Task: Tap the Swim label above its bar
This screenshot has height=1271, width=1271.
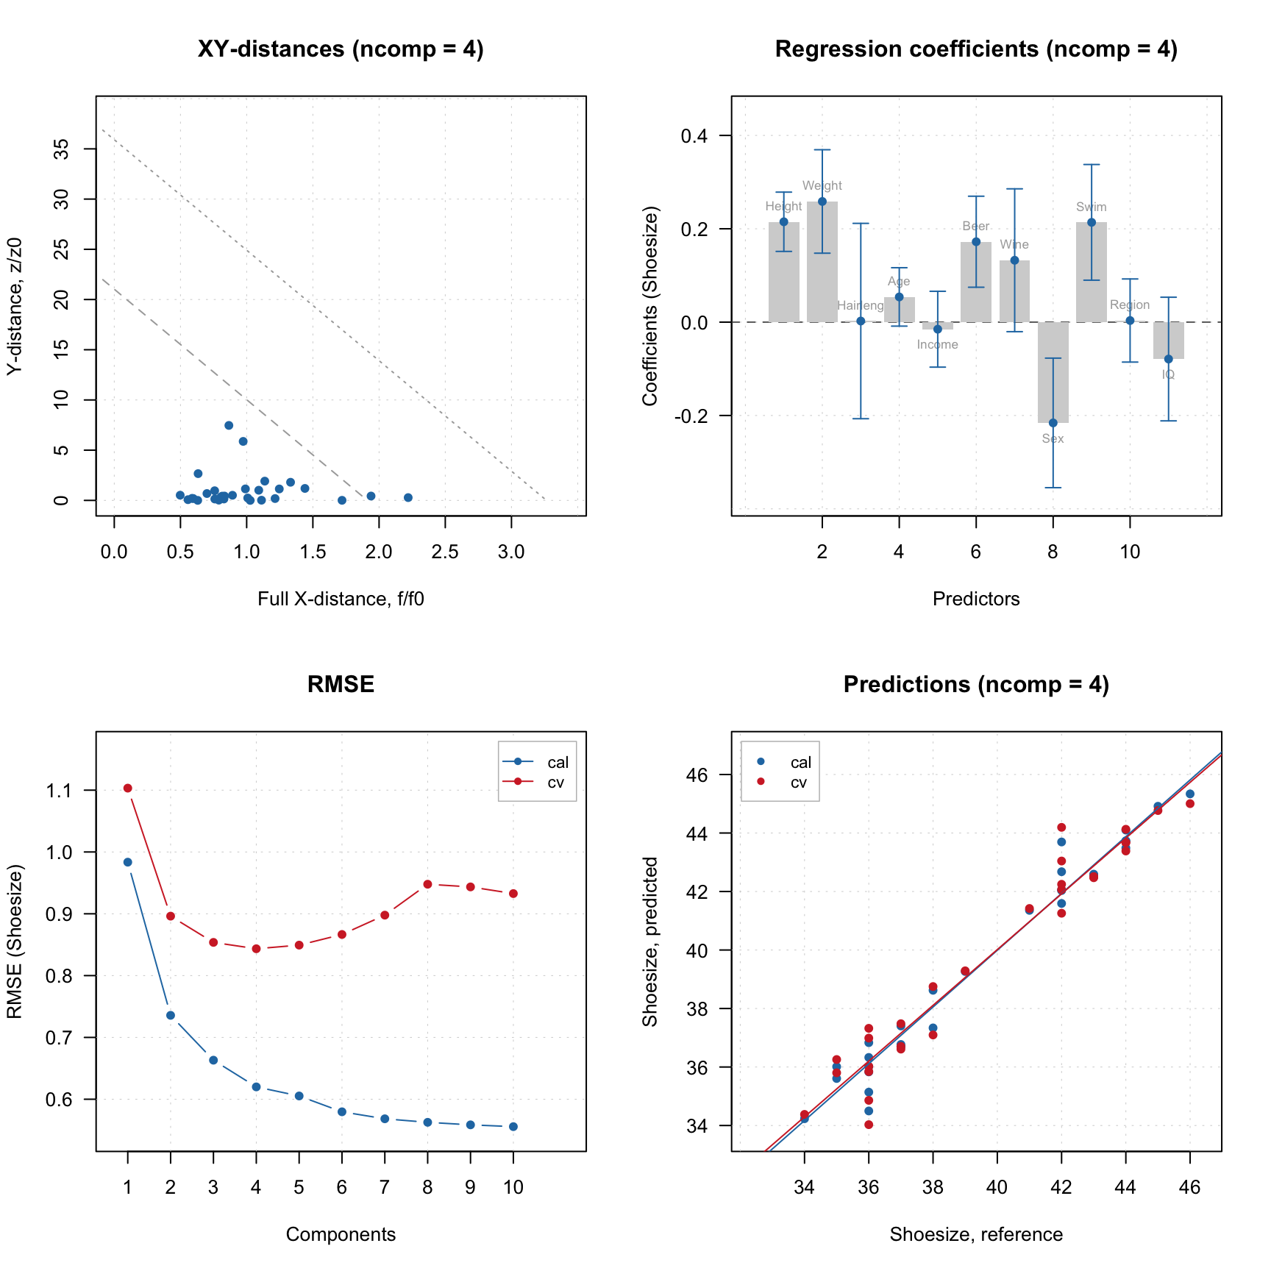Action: [x=1091, y=207]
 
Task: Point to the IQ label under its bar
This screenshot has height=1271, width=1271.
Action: [x=1168, y=374]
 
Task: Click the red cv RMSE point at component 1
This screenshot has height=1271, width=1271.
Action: [x=128, y=788]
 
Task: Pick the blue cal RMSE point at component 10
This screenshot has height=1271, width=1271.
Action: [x=513, y=1126]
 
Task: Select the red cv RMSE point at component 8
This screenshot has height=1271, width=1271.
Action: [x=427, y=884]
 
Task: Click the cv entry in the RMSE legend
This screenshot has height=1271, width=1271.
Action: [x=555, y=783]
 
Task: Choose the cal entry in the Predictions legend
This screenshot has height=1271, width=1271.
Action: [x=800, y=763]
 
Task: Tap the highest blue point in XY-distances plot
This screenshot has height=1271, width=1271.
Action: [x=229, y=425]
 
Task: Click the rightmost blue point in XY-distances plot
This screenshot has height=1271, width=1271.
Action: [x=408, y=498]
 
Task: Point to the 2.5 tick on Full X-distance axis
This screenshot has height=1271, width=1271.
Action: [x=445, y=552]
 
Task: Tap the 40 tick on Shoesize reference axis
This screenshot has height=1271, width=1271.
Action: [x=997, y=1186]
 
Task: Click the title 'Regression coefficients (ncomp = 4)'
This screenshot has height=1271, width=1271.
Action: [x=976, y=49]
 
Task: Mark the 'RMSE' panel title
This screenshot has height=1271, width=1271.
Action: [x=341, y=685]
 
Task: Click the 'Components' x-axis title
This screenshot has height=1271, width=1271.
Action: [x=341, y=1234]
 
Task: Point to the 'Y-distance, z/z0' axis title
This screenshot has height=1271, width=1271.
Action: [x=15, y=306]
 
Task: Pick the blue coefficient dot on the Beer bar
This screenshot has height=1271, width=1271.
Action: [x=976, y=241]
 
